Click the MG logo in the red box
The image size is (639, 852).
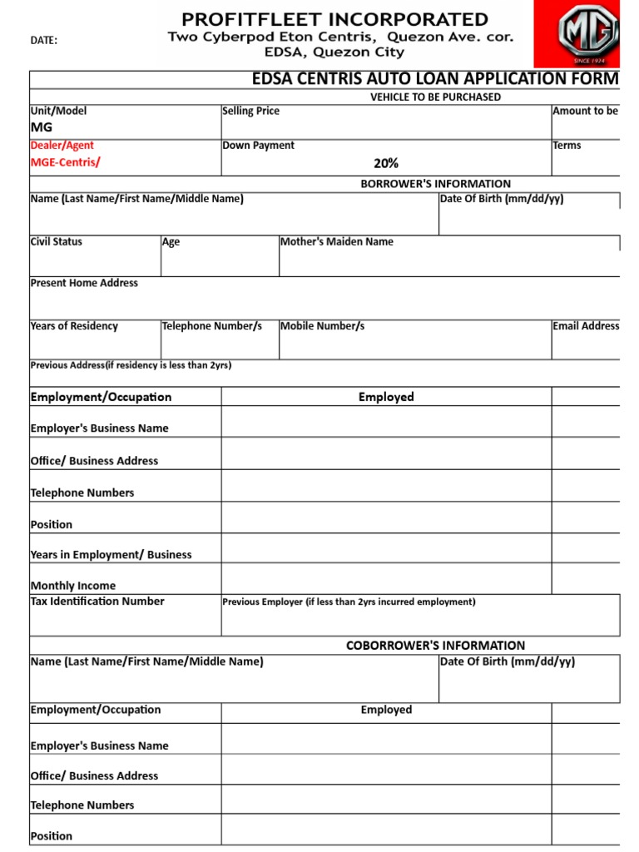[588, 33]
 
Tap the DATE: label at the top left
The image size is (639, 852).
[44, 41]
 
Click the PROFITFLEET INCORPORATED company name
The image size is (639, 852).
[335, 18]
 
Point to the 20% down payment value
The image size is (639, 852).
[386, 163]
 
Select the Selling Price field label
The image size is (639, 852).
[250, 111]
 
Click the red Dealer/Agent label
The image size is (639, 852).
[62, 146]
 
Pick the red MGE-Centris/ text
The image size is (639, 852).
[65, 161]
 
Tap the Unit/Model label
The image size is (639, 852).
[58, 111]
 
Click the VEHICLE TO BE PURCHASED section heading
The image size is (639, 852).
[435, 97]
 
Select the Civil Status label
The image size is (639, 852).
[57, 242]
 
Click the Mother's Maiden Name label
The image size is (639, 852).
[337, 242]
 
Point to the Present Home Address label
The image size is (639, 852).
[84, 283]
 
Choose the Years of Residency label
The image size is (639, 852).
[74, 326]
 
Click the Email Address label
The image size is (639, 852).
[586, 326]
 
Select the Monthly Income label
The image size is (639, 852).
[73, 586]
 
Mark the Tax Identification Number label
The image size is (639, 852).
[97, 601]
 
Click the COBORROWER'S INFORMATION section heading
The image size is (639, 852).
[435, 646]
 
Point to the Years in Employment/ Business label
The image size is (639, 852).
[111, 555]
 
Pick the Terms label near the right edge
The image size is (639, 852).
[567, 146]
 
